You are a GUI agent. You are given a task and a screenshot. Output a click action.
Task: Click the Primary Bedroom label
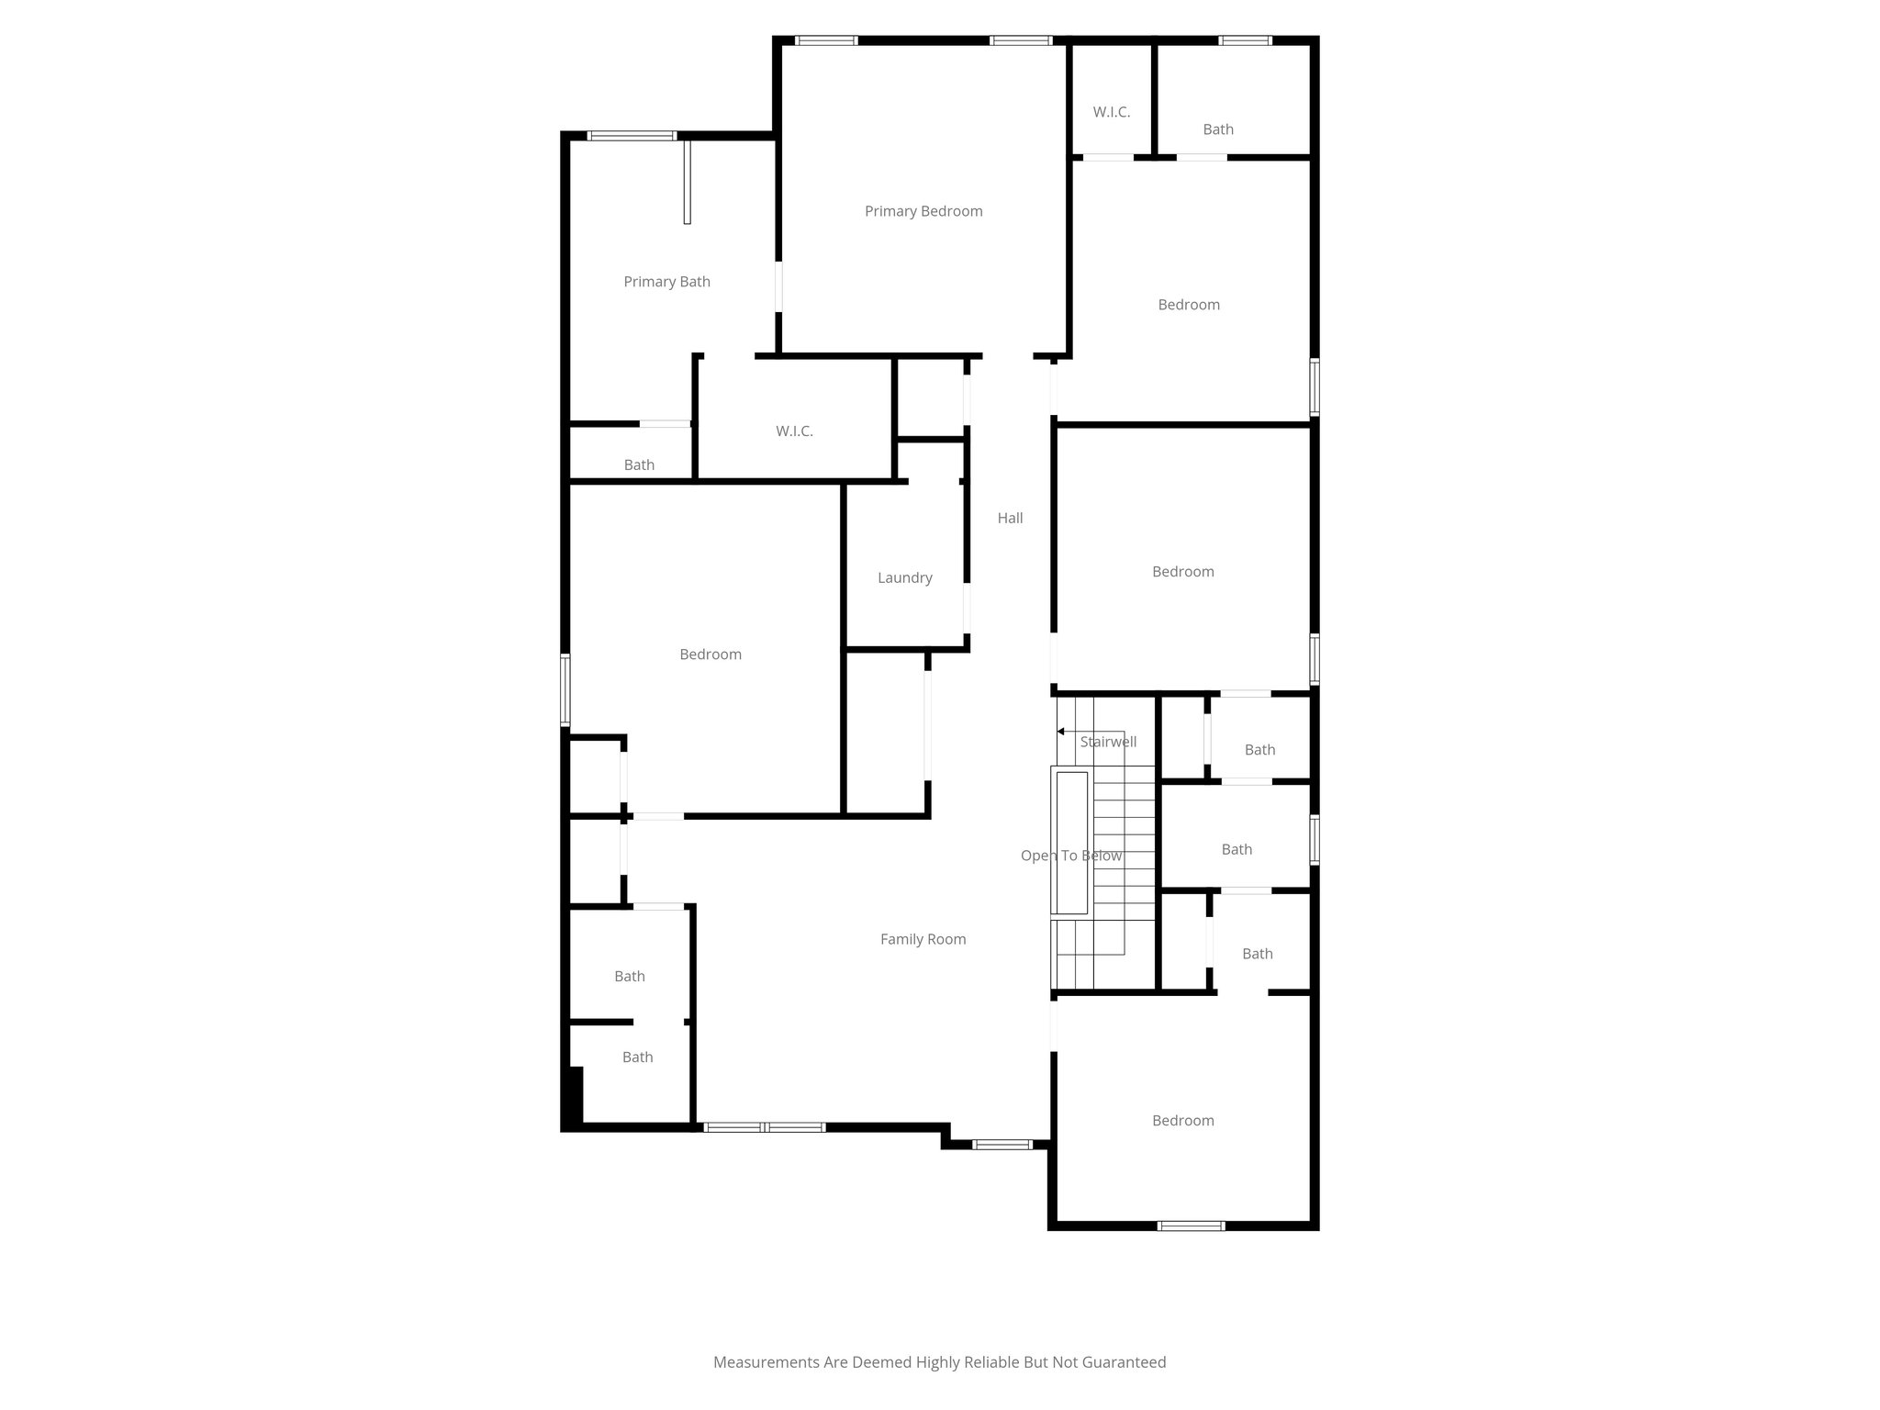click(923, 211)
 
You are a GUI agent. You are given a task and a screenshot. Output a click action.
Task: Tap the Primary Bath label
click(666, 282)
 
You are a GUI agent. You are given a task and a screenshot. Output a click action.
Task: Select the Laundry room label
click(904, 577)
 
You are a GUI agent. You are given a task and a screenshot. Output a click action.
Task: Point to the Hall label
click(1010, 518)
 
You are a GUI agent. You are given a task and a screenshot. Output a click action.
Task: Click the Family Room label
click(923, 939)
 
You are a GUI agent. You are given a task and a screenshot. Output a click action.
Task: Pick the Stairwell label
click(1108, 742)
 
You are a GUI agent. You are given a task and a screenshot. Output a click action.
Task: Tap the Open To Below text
click(1070, 856)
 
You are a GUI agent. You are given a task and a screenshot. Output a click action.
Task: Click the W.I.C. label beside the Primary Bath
click(794, 431)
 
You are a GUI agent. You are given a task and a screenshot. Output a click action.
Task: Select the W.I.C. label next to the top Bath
click(1111, 112)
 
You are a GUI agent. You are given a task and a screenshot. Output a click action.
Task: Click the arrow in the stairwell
click(1061, 732)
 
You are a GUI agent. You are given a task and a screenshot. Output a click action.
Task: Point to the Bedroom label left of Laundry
click(710, 655)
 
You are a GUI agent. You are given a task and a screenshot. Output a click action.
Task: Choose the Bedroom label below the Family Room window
click(1182, 1120)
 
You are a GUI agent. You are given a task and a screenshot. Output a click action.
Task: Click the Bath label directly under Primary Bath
click(639, 464)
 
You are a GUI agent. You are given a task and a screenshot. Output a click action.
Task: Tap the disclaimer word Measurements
click(767, 1362)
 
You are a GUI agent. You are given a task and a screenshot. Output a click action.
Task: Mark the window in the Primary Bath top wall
click(632, 136)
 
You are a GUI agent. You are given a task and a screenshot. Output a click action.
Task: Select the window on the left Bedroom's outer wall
click(565, 690)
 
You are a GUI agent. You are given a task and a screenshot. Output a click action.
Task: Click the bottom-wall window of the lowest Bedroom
click(1191, 1225)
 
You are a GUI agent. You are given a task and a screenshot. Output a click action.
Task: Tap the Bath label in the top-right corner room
click(1217, 129)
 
